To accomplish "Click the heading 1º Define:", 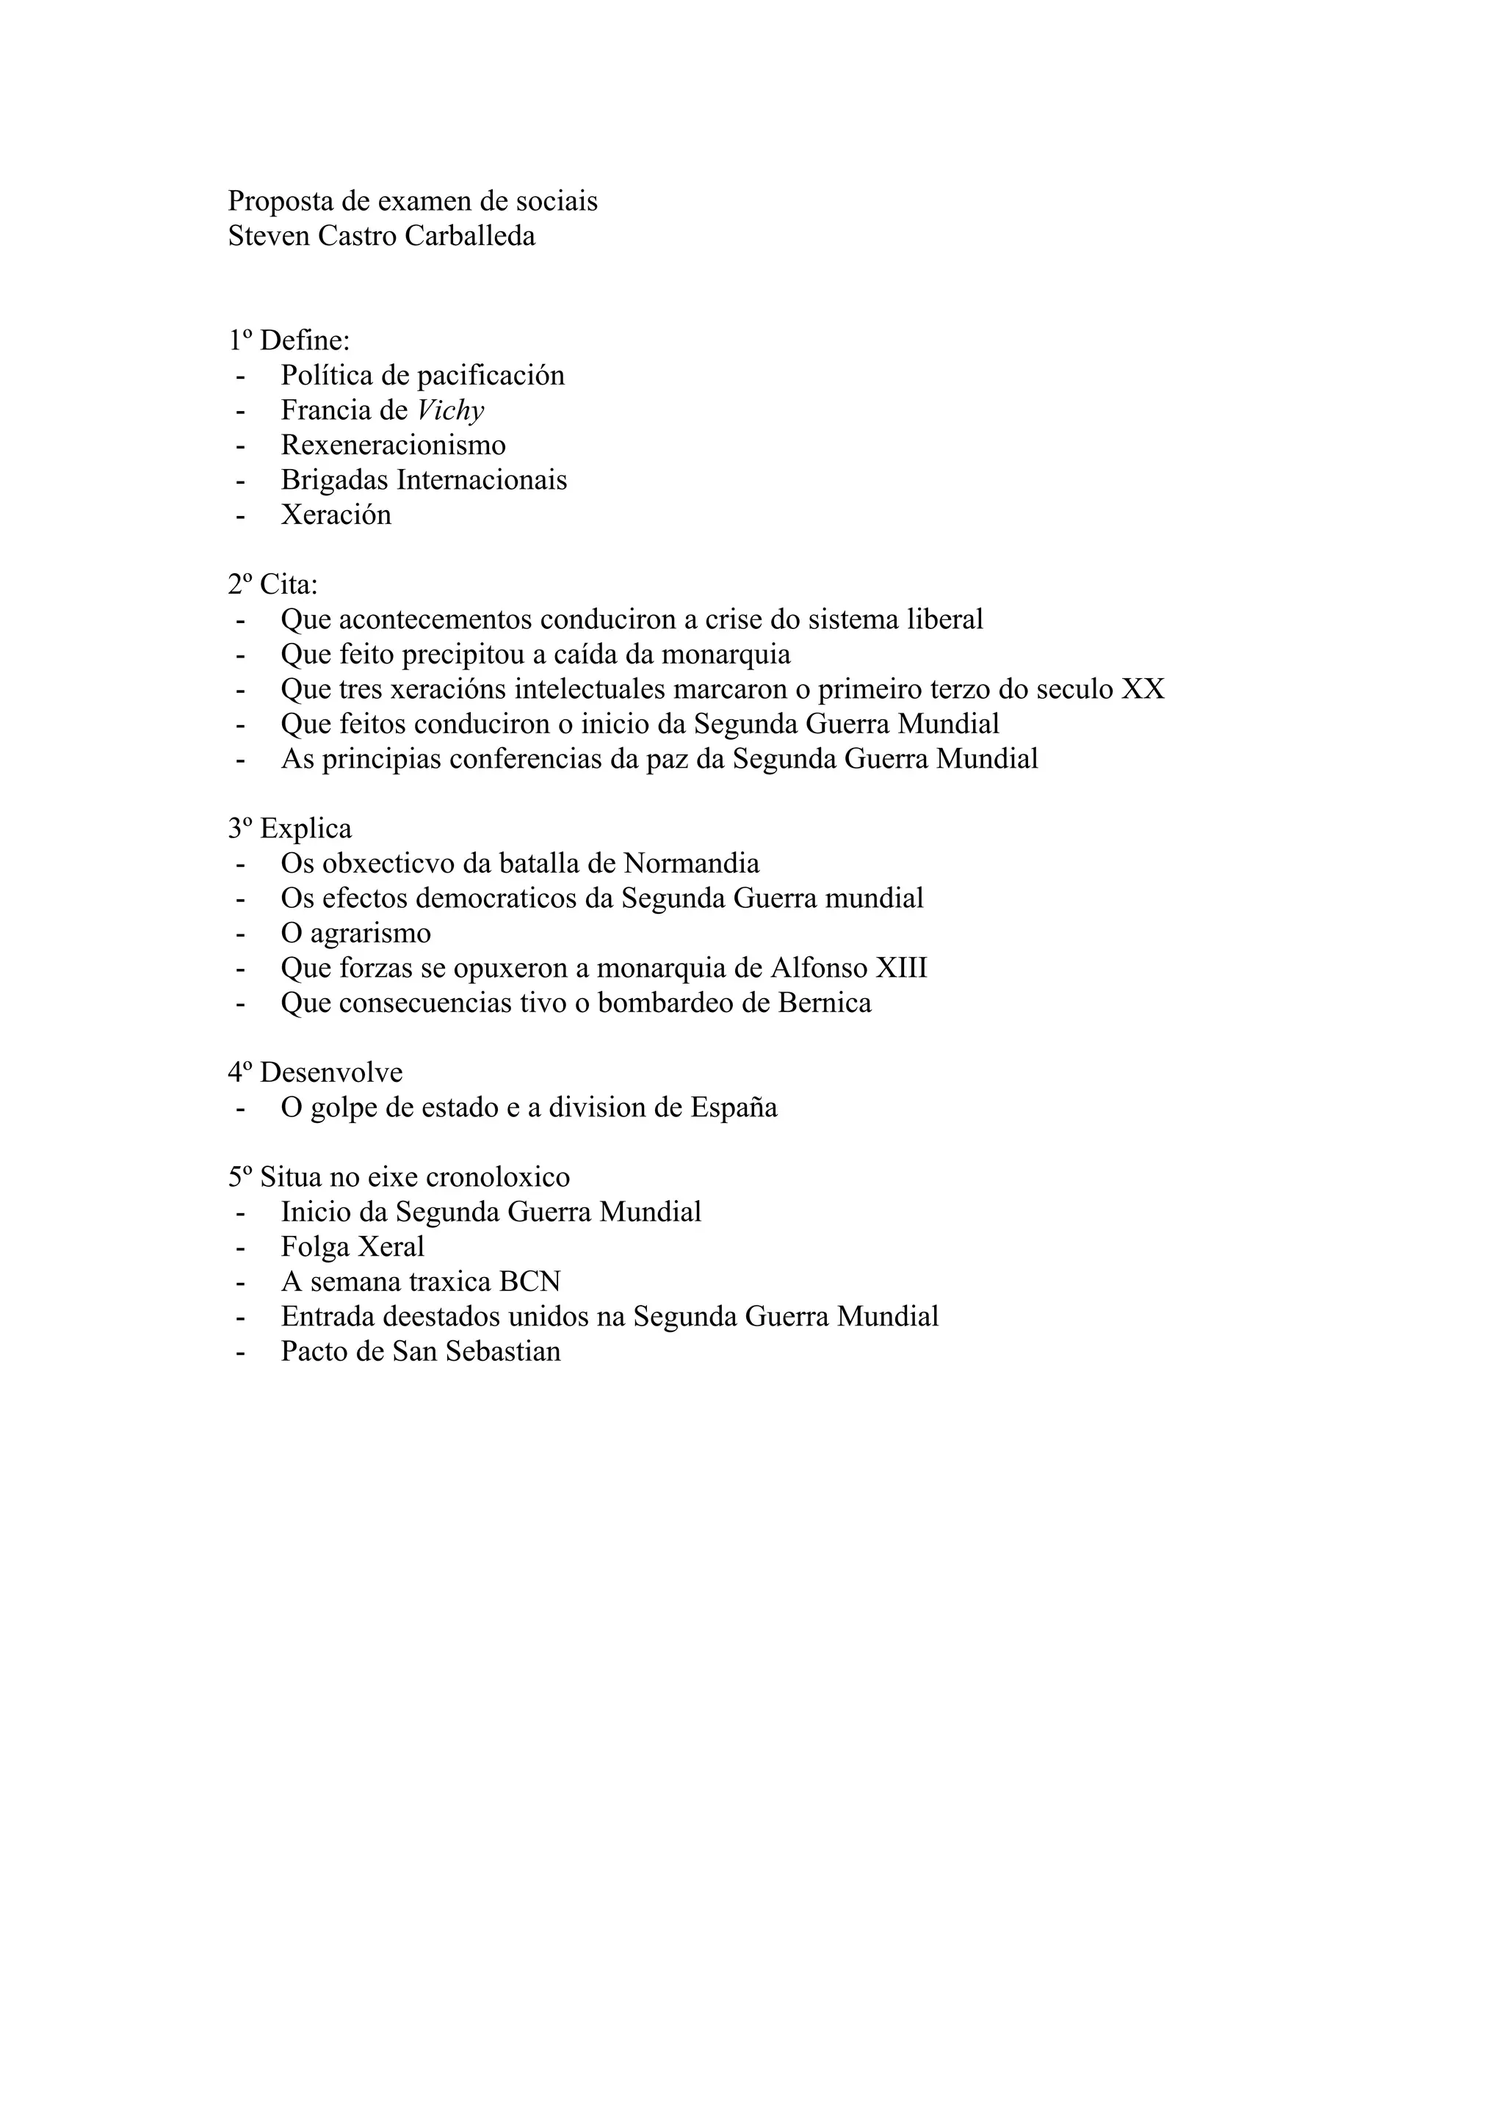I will (x=289, y=341).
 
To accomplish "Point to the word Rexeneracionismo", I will (x=393, y=446).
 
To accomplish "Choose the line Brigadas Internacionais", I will (x=424, y=480).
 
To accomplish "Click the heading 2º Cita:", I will (x=272, y=584).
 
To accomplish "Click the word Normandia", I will (x=691, y=863).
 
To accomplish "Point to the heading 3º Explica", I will (x=289, y=828).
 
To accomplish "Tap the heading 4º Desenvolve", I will (x=315, y=1073).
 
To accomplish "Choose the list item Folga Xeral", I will (x=352, y=1247).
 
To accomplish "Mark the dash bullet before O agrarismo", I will (x=241, y=934).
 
